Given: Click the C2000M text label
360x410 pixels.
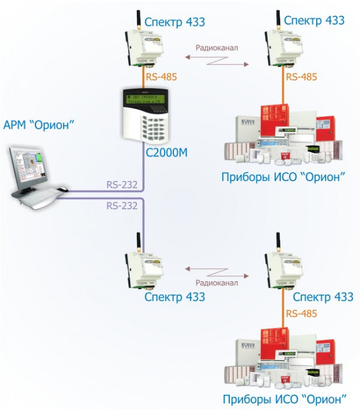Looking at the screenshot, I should click(x=167, y=153).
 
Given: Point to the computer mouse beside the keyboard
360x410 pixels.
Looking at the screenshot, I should click(x=63, y=190).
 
